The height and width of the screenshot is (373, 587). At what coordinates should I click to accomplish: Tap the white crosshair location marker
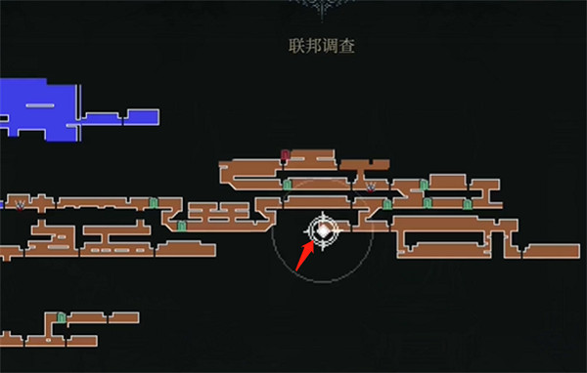323,230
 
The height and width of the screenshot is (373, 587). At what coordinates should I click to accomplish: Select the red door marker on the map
285,154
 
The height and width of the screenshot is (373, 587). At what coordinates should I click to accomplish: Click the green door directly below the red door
286,184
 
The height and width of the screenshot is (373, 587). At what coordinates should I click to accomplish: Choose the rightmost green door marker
467,204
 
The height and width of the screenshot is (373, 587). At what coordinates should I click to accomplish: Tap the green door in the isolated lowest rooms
61,317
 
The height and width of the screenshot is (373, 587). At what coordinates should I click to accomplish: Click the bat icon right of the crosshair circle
370,185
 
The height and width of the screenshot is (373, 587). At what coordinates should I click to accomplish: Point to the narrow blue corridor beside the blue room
126,118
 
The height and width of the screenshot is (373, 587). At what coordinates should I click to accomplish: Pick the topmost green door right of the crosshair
424,184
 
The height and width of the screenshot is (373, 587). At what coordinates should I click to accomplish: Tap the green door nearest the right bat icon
387,204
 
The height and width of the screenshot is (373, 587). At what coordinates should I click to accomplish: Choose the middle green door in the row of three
427,203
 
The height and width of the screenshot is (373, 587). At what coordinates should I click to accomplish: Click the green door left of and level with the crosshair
181,226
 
